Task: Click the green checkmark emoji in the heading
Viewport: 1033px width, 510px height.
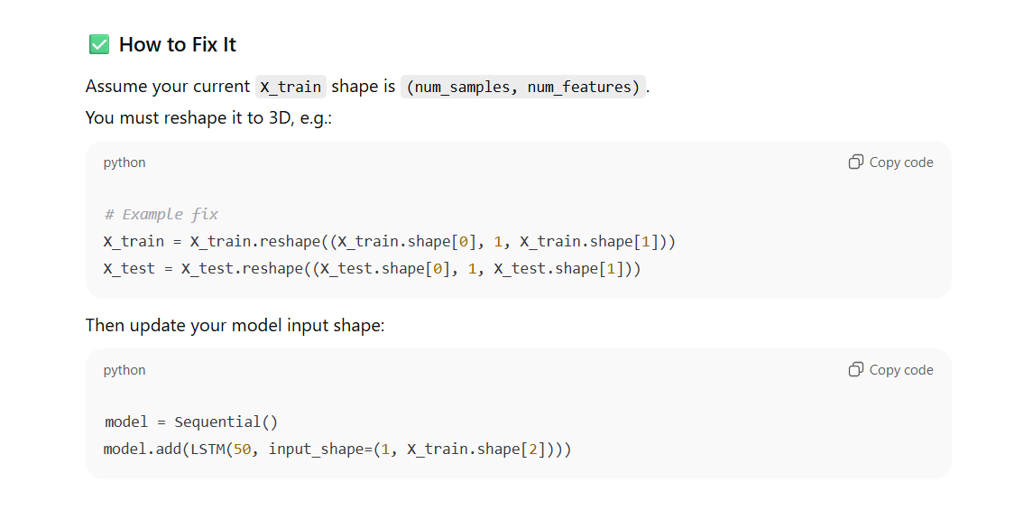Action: point(99,44)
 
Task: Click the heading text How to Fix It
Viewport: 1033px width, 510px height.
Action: point(178,44)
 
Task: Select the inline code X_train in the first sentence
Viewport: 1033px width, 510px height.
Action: point(291,87)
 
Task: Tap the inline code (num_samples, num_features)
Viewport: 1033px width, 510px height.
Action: point(523,87)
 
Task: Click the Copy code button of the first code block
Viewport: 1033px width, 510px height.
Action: point(890,162)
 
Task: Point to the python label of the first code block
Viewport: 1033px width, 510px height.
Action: point(125,162)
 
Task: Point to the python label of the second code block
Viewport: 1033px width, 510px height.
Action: point(125,370)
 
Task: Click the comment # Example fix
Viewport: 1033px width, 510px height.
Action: point(161,214)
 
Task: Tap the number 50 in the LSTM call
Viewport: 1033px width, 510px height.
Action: point(242,449)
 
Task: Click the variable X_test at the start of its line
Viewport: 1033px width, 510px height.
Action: point(129,268)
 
